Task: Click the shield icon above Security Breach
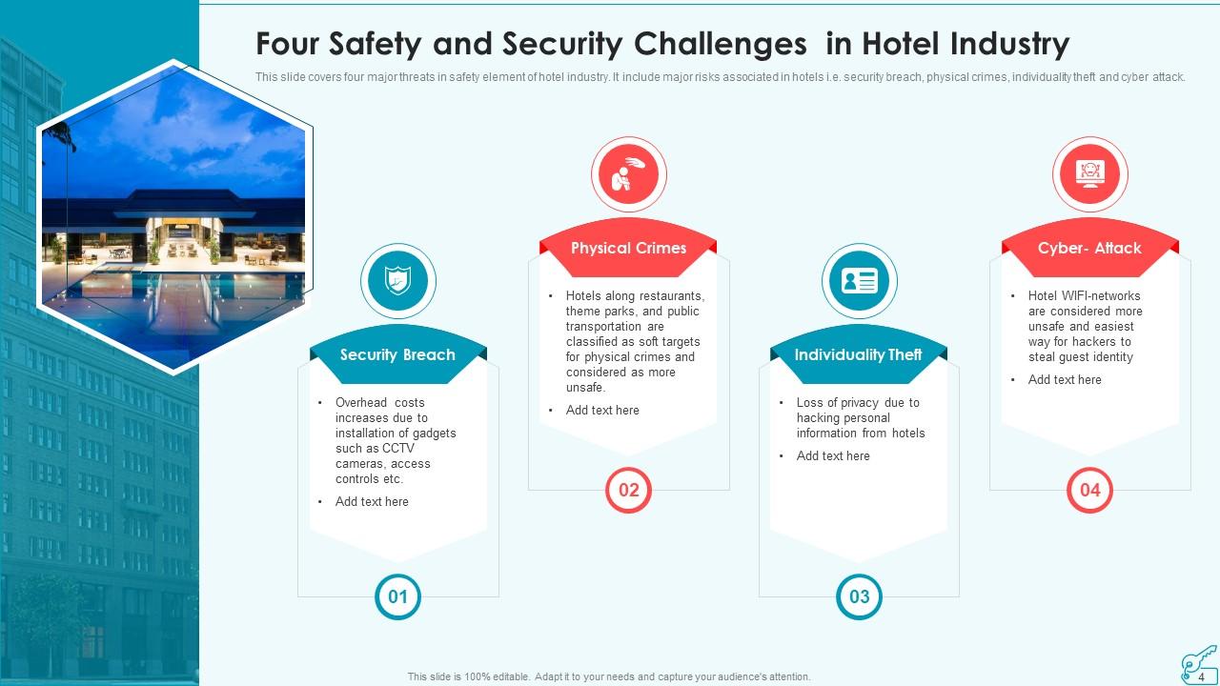pos(397,281)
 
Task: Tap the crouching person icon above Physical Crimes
pos(628,174)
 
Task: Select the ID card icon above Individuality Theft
pos(859,281)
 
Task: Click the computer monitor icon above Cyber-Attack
pos(1089,174)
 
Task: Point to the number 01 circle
pos(397,597)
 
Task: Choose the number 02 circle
pos(628,491)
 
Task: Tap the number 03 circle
pos(859,597)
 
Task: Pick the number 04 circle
pos(1089,491)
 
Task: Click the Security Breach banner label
pos(397,354)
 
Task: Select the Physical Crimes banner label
pos(628,248)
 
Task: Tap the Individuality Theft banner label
pos(859,354)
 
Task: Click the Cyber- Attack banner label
pos(1089,248)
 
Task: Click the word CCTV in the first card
pos(397,449)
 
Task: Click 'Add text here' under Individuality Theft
pos(833,456)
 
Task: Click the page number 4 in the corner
pos(1202,677)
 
